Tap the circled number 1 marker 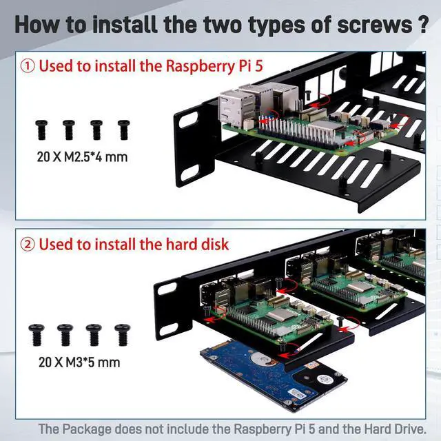point(28,66)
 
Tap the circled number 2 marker point(28,245)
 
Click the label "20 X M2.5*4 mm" point(82,156)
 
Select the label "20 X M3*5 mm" point(79,362)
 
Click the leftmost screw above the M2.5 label point(41,130)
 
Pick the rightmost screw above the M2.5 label point(124,130)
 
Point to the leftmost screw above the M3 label point(37,335)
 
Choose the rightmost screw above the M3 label point(123,335)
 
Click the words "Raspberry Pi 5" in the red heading point(214,66)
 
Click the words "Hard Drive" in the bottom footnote point(395,429)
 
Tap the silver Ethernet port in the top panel point(235,108)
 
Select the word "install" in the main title point(125,25)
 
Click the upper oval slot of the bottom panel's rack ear point(167,289)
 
